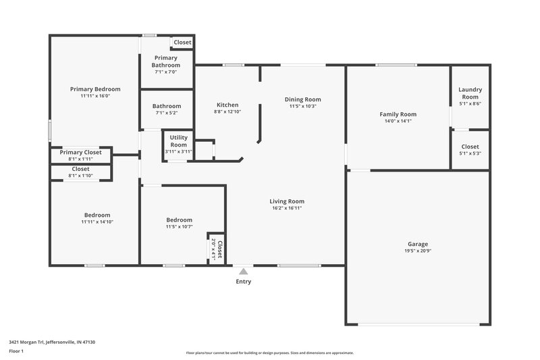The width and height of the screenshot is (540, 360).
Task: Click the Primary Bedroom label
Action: [x=95, y=89]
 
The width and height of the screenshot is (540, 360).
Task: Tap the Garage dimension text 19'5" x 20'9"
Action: [x=417, y=251]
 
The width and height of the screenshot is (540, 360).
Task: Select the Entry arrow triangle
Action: [x=243, y=271]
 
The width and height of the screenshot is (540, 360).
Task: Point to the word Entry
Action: [x=243, y=282]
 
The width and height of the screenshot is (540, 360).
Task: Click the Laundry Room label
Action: [x=470, y=93]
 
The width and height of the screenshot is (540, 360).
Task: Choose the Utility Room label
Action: [x=179, y=141]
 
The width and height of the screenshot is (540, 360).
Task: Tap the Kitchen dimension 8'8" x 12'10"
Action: [x=227, y=112]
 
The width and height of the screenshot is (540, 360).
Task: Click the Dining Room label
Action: [x=302, y=99]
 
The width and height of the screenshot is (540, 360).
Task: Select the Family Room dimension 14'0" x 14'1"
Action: [x=398, y=122]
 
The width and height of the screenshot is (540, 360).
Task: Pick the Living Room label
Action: [x=287, y=201]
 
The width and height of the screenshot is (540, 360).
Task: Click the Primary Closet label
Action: [x=80, y=152]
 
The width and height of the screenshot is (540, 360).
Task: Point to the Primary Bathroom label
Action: [x=166, y=61]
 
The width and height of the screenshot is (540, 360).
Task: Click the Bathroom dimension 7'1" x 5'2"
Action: [x=166, y=113]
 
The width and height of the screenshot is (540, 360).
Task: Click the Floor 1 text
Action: [x=16, y=352]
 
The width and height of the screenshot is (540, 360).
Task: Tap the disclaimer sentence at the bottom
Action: [x=269, y=353]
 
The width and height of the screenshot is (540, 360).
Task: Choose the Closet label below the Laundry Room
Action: [x=470, y=147]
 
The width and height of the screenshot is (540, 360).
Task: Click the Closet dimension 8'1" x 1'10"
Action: [x=80, y=176]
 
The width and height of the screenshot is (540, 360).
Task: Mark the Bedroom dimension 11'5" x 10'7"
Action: [x=180, y=226]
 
